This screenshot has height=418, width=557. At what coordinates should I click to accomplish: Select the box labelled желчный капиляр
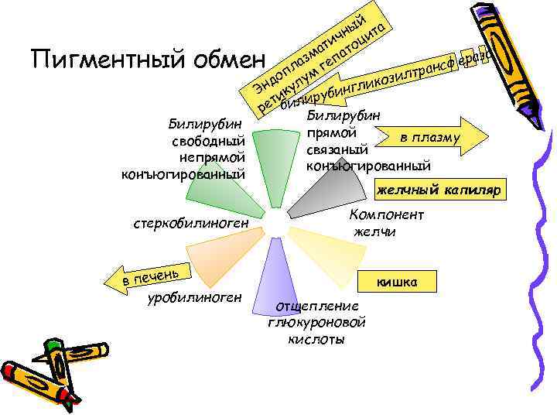tap(439, 190)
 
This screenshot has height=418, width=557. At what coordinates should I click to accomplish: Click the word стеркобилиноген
tap(190, 224)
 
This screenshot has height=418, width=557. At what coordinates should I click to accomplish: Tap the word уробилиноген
tap(193, 297)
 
